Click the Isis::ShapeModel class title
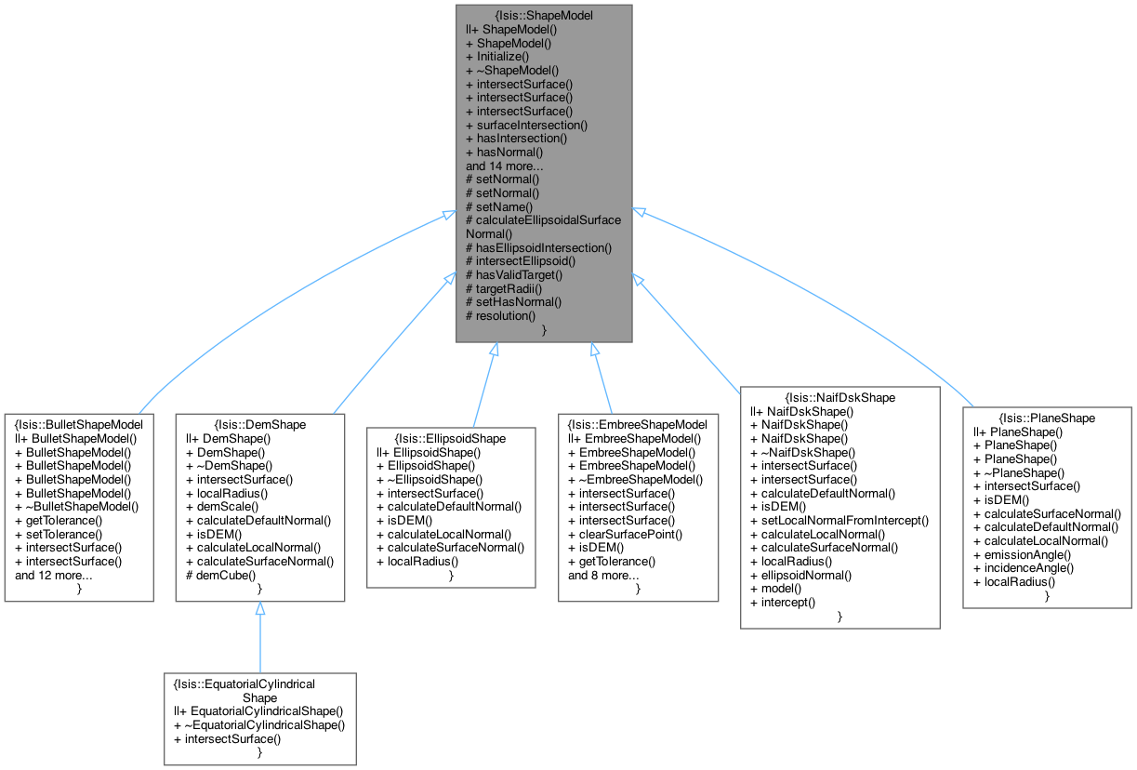click(x=544, y=16)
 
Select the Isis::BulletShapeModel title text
click(x=79, y=424)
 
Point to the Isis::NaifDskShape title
click(x=840, y=398)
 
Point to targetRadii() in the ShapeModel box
click(x=515, y=288)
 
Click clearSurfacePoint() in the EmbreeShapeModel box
click(x=630, y=534)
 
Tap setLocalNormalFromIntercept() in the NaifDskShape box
click(x=840, y=521)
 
